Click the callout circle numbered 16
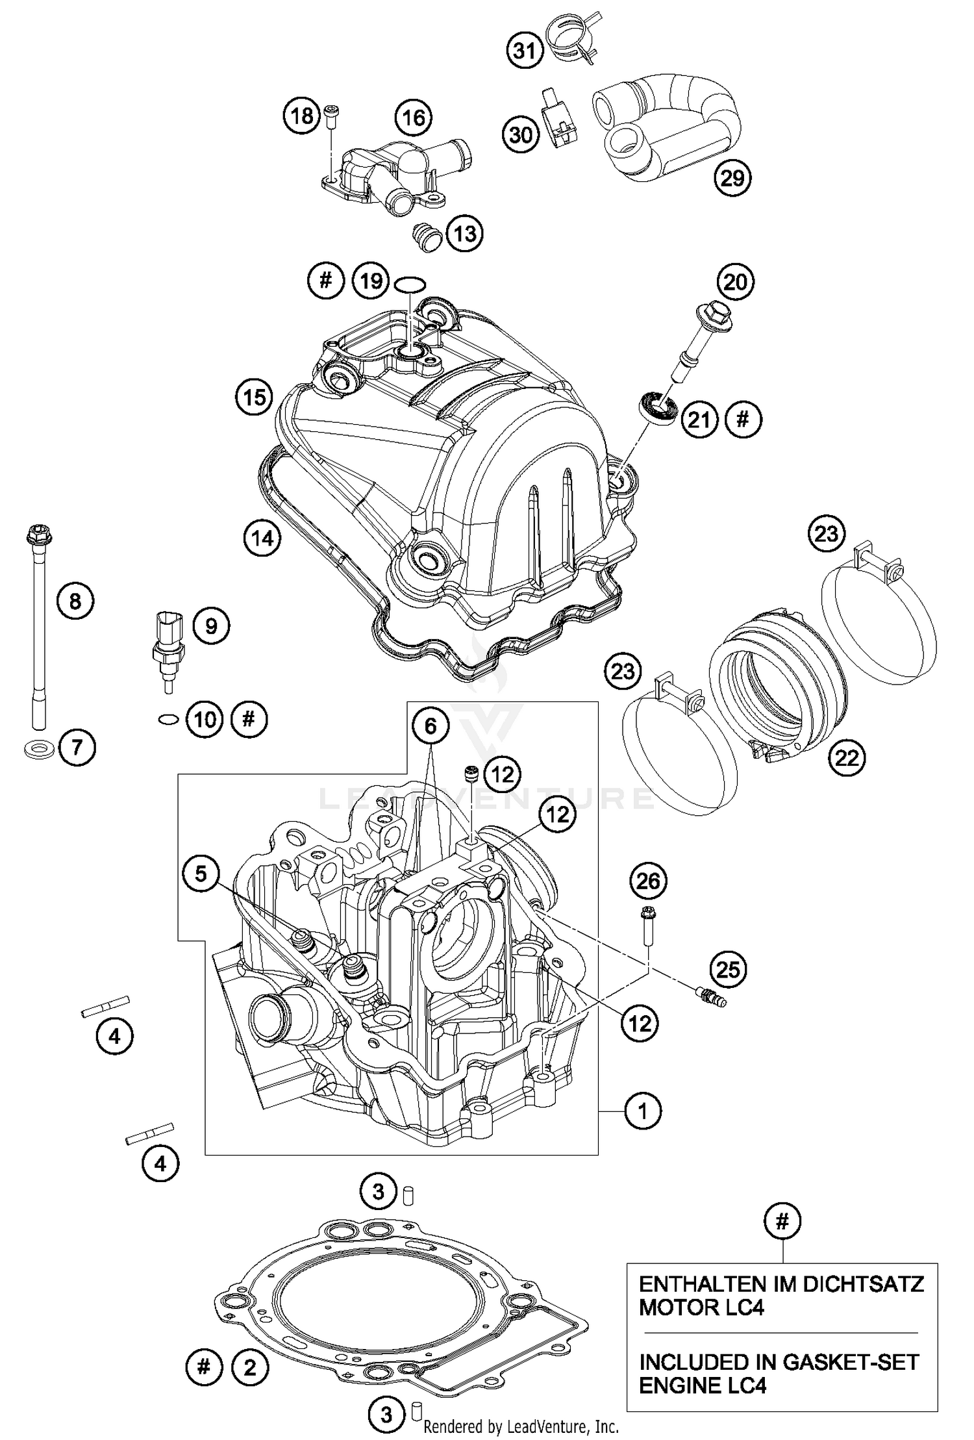point(414,118)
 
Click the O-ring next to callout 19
point(410,284)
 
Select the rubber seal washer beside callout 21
point(658,408)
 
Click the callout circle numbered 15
point(254,396)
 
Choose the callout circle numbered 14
point(262,538)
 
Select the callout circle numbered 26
point(648,881)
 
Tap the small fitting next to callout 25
point(710,996)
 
